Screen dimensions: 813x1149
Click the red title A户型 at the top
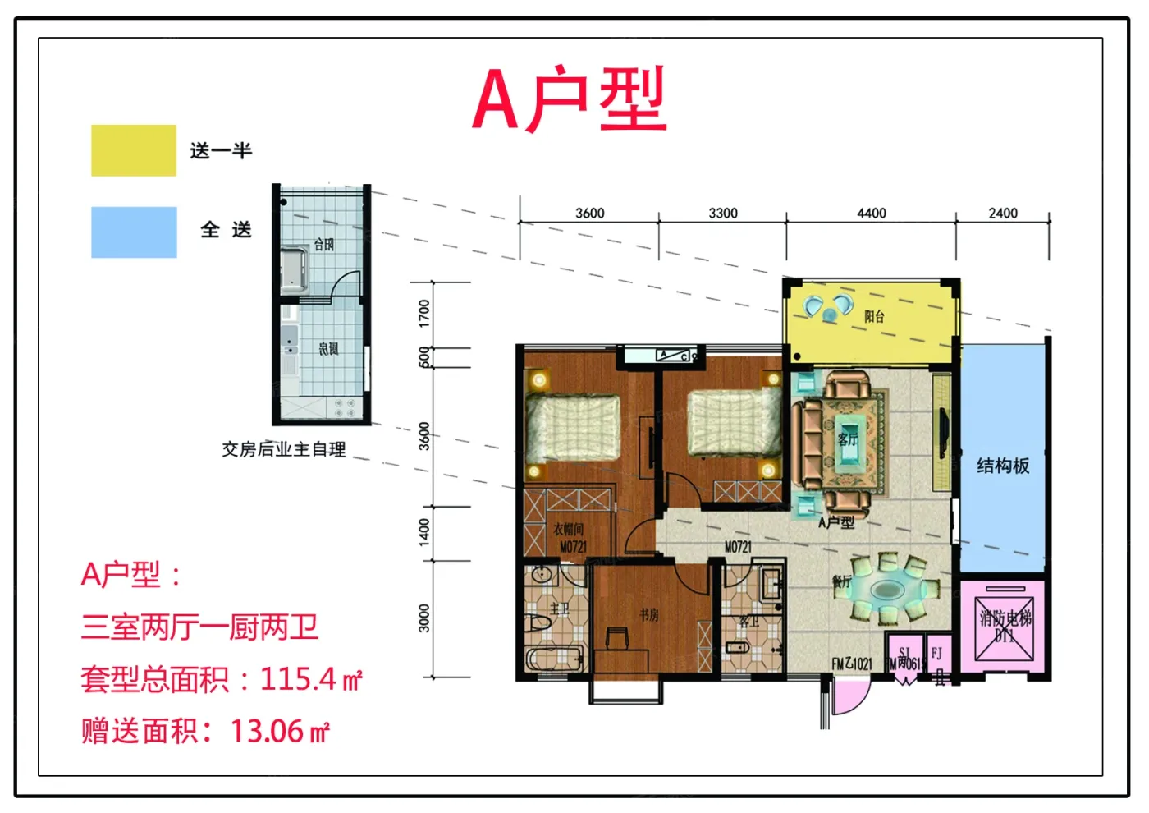pos(570,100)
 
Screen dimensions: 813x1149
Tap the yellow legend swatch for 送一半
pos(134,150)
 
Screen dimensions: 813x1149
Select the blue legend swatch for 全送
pos(134,232)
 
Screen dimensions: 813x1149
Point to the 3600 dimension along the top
pos(589,213)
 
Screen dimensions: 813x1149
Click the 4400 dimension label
pos(871,213)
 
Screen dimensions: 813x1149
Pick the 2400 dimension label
pos(1002,213)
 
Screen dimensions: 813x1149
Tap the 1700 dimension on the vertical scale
pos(424,313)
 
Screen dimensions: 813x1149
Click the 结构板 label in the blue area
pos(1003,466)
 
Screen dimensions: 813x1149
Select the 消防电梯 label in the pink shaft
pos(1005,618)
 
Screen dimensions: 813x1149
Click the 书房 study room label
pos(649,614)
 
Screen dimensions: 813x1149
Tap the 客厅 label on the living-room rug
pos(848,439)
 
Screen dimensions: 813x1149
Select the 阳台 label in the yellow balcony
pos(875,316)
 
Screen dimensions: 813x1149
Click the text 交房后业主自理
pos(284,449)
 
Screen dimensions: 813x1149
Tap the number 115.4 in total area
pos(298,679)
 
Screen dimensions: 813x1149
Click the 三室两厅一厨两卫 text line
pos(199,627)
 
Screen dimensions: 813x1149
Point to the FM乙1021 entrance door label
pos(852,663)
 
